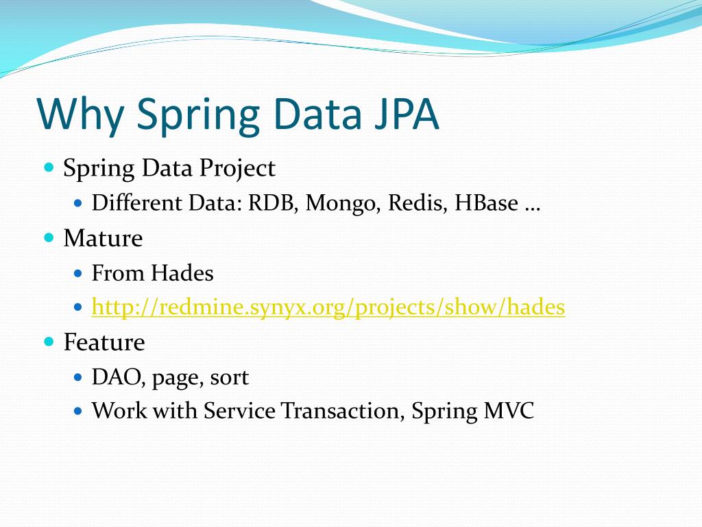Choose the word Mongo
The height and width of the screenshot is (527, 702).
point(343,203)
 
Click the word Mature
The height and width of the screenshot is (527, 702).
point(103,238)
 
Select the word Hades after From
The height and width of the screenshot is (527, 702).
point(182,273)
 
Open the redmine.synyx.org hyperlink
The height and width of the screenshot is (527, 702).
point(328,307)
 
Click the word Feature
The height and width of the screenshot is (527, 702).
point(104,342)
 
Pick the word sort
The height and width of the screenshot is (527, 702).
point(230,377)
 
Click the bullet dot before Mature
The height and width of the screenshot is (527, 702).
point(49,237)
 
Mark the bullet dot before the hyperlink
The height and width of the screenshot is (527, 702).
point(77,307)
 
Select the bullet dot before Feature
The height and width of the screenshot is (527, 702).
point(49,341)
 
